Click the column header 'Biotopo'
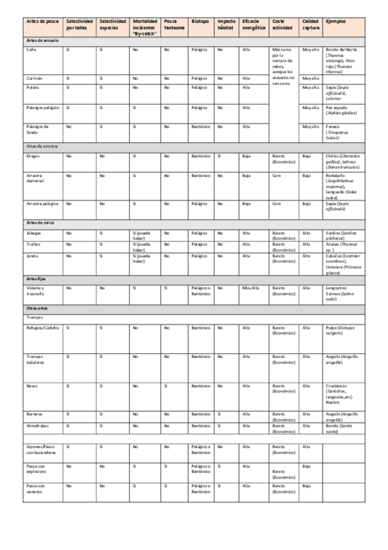(200, 21)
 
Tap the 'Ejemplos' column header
(336, 21)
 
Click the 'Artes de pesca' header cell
(40, 21)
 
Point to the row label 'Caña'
(32, 49)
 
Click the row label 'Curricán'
(34, 78)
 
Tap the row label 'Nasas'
(32, 386)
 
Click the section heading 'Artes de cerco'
(41, 222)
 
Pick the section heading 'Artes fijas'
(37, 278)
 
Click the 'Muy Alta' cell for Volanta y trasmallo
(250, 287)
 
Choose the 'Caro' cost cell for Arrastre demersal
(277, 175)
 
